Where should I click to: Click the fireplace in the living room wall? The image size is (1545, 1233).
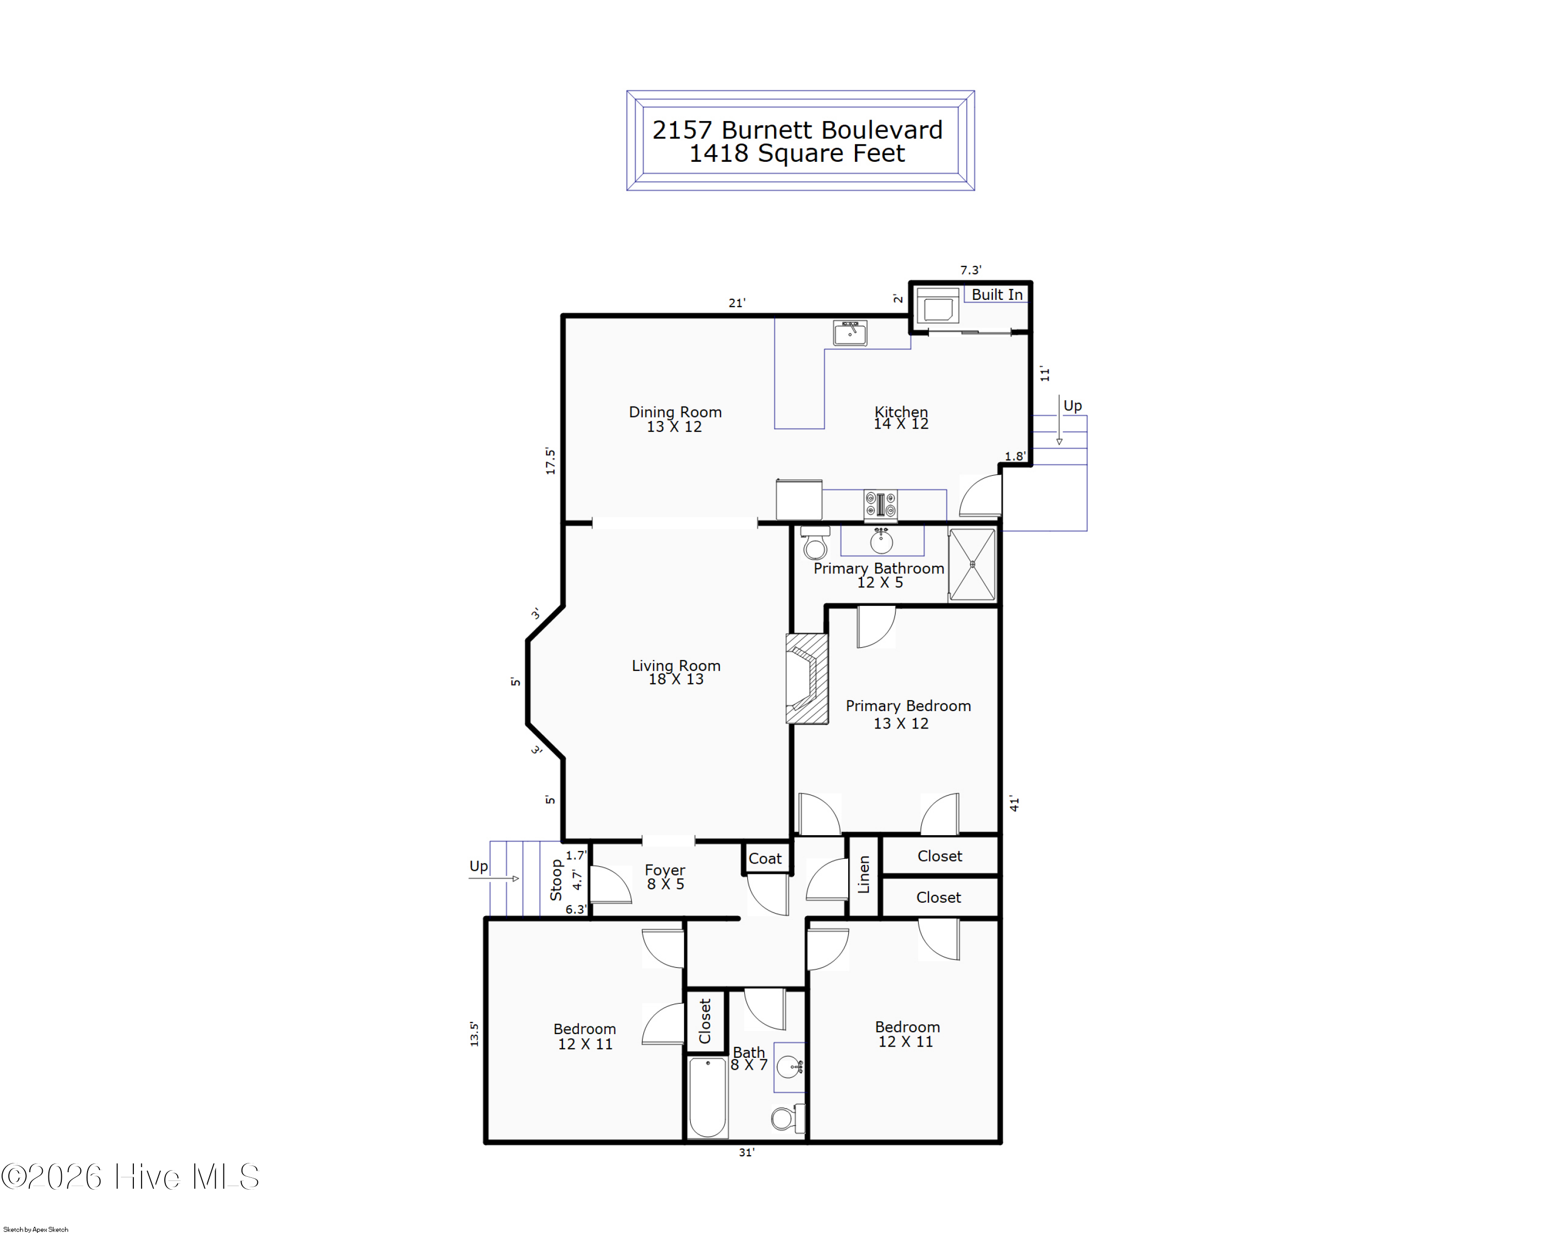(x=807, y=678)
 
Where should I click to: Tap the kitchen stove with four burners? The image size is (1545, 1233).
(x=880, y=504)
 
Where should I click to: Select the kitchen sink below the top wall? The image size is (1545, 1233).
(x=850, y=333)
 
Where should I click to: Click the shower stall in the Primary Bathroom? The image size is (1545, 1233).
(x=972, y=564)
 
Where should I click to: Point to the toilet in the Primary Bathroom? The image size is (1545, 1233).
(x=815, y=543)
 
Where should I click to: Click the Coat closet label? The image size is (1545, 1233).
(x=765, y=858)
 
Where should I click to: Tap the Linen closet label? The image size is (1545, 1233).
(x=864, y=874)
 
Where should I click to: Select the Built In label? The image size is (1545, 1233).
(x=997, y=295)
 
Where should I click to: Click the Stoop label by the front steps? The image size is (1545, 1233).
(x=555, y=880)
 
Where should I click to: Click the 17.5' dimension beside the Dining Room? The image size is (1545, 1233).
(x=550, y=461)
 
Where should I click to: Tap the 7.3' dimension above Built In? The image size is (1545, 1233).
(x=971, y=271)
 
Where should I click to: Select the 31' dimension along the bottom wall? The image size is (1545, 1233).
(x=747, y=1152)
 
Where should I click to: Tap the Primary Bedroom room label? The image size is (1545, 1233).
(x=908, y=706)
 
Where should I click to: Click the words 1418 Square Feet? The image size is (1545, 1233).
(x=797, y=154)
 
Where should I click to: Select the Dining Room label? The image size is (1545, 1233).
(x=675, y=412)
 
